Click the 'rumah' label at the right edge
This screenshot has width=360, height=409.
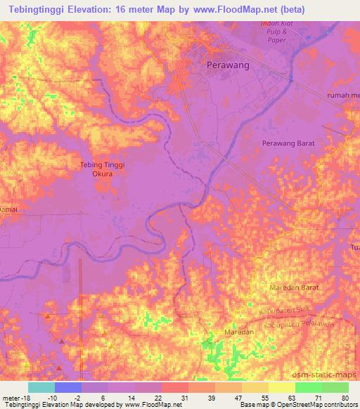343,95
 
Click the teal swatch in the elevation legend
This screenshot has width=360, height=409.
41,387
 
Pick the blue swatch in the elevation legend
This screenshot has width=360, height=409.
68,387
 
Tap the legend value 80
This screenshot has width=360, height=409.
343,398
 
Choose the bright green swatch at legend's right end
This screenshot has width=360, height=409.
335,387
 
